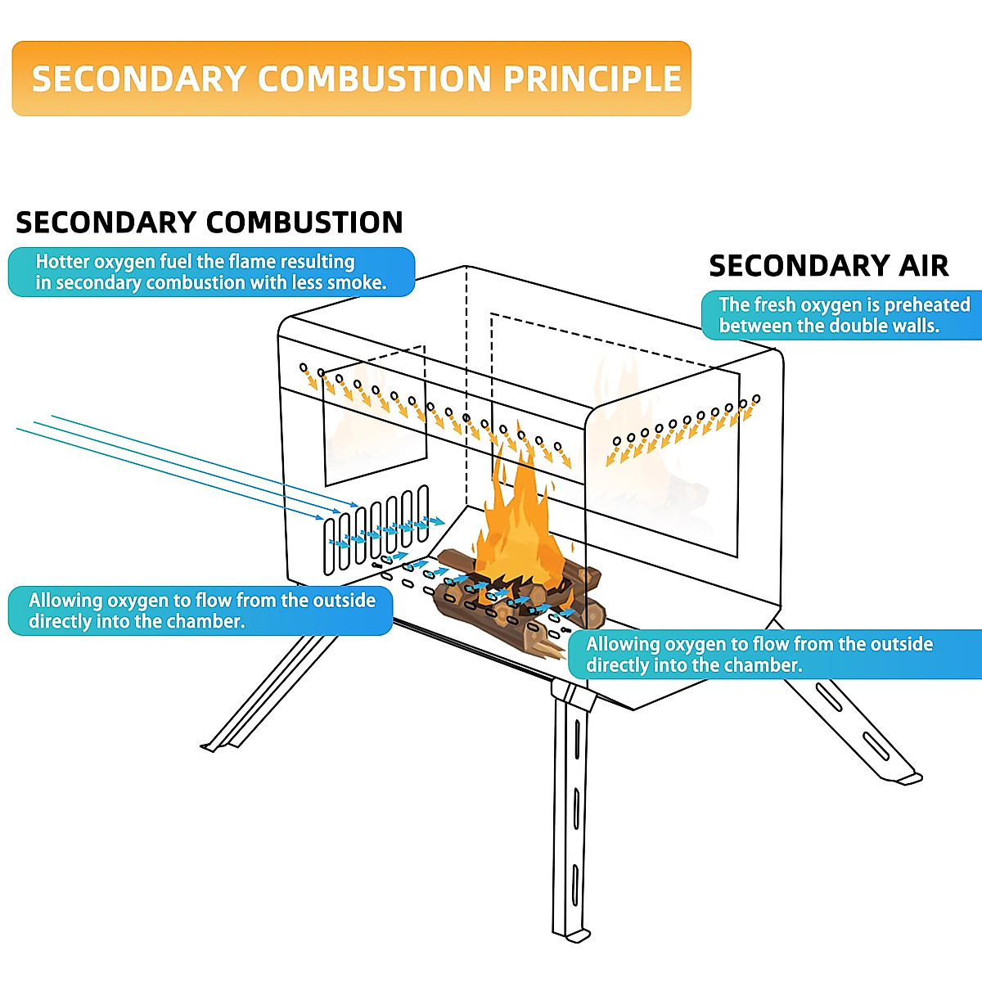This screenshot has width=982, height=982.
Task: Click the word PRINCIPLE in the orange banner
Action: [592, 79]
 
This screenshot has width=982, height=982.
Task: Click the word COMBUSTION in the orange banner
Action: [375, 79]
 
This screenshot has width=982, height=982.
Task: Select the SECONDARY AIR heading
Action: [828, 266]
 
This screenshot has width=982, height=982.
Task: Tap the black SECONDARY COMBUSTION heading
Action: [209, 223]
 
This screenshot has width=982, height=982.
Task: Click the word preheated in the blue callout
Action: [927, 305]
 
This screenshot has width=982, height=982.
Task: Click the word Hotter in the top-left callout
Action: [62, 262]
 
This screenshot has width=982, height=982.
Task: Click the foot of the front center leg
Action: [573, 933]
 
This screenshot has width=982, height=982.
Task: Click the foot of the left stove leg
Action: [211, 746]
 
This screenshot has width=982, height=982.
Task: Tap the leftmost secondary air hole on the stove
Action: [303, 367]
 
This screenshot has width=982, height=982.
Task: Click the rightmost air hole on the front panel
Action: [756, 399]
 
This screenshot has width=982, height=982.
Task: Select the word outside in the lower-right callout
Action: [902, 644]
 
